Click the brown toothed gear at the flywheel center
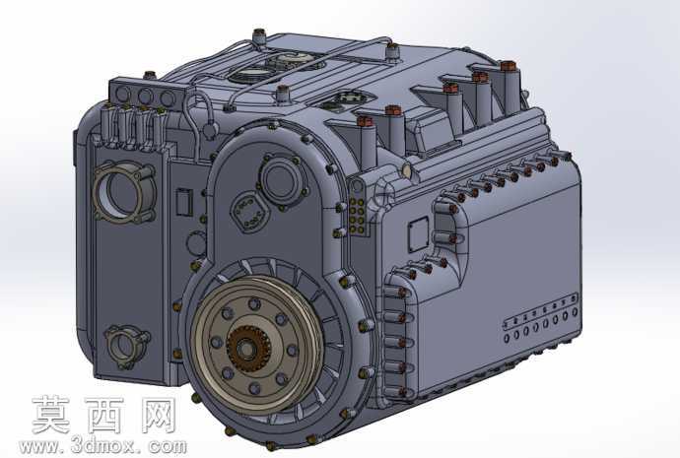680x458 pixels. pyautogui.click(x=248, y=349)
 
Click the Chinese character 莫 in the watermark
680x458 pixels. pyautogui.click(x=50, y=415)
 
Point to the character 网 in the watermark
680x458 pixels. pyautogui.click(x=160, y=415)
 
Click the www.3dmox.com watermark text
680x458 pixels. pyautogui.click(x=102, y=445)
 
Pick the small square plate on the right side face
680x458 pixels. pyautogui.click(x=419, y=234)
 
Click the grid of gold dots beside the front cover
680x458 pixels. pyautogui.click(x=358, y=217)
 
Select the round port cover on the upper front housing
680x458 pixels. pyautogui.click(x=282, y=178)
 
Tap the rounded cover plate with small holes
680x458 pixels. pyautogui.click(x=249, y=212)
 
